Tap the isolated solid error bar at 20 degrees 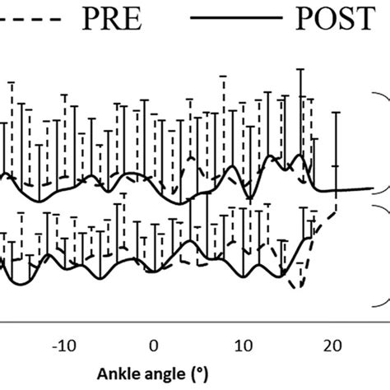336,148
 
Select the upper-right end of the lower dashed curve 337,212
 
